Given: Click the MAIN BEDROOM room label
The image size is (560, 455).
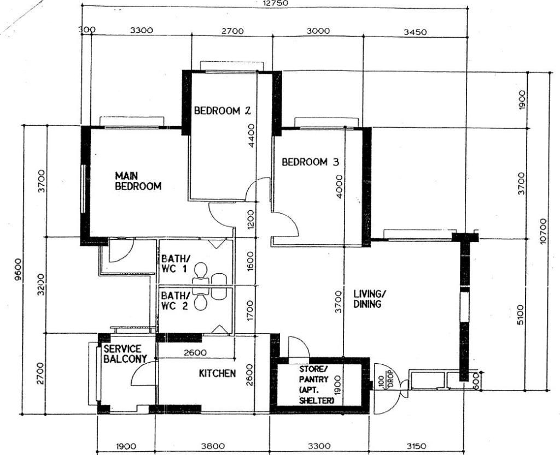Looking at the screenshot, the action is point(138,181).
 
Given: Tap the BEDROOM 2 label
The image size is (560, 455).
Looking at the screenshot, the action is point(222,110).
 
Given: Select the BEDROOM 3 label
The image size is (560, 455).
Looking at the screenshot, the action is point(310,162).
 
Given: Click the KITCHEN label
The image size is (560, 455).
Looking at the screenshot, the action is point(217,374).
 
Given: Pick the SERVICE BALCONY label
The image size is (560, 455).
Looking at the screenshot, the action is point(125,353).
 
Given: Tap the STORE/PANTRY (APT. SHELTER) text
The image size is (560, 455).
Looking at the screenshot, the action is point(317,385).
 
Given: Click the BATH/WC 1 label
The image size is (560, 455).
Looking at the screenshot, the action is point(174,263).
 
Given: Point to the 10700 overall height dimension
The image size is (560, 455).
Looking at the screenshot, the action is point(543,231).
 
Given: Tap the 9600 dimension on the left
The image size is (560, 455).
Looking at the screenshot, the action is point(19,270).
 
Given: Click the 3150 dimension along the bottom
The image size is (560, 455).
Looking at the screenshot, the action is point(416,446).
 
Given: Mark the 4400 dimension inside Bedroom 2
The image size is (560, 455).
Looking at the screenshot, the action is point(252,135).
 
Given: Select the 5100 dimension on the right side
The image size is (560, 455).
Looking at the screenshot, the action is point(521,315).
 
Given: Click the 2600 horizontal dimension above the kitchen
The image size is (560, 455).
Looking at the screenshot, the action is point(195,353).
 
